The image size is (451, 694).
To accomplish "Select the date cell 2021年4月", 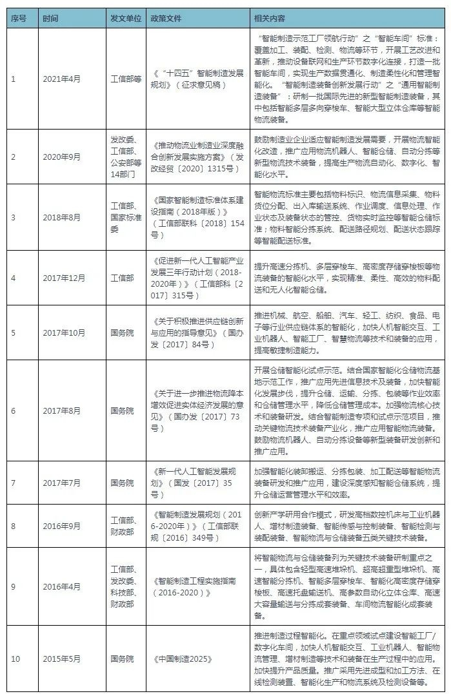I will click(x=62, y=79).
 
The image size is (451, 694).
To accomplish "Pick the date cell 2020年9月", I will click(x=62, y=157).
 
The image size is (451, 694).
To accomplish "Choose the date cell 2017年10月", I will click(x=63, y=333).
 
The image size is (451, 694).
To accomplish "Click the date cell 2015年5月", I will click(x=62, y=659).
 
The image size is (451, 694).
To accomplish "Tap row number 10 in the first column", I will click(x=16, y=659).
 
